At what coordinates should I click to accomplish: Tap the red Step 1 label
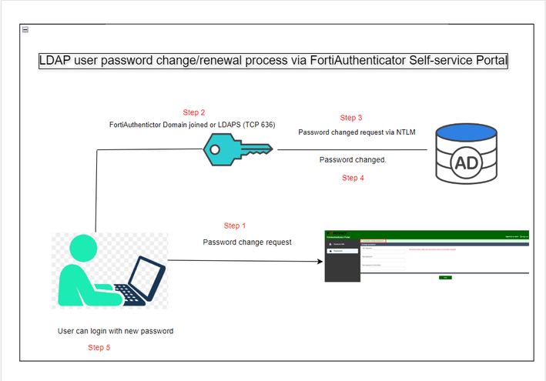(x=235, y=226)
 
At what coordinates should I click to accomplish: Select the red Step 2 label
(x=194, y=112)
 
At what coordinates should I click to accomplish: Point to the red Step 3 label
(x=351, y=118)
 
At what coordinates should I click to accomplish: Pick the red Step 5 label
(x=99, y=347)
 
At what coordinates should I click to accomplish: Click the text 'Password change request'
(x=247, y=242)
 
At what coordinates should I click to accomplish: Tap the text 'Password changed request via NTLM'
(x=357, y=132)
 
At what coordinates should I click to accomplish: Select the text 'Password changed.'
(x=353, y=159)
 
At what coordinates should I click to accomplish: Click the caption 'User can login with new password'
(x=116, y=331)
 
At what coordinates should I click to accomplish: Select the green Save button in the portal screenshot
(x=445, y=276)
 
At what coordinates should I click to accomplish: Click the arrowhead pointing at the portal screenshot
(x=340, y=261)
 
